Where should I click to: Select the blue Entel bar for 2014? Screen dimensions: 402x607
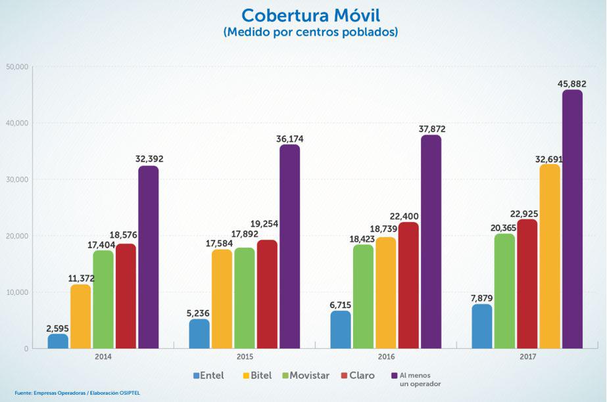pos(58,341)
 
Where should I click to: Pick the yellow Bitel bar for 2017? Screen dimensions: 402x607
pos(550,256)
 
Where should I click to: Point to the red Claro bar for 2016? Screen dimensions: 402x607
pos(408,285)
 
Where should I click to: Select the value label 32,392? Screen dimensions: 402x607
pos(148,158)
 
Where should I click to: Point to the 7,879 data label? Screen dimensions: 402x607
pos(482,297)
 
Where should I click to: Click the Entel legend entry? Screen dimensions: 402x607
pos(208,376)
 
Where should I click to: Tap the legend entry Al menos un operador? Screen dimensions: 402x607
pos(420,379)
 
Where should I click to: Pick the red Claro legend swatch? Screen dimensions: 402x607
pos(344,376)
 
